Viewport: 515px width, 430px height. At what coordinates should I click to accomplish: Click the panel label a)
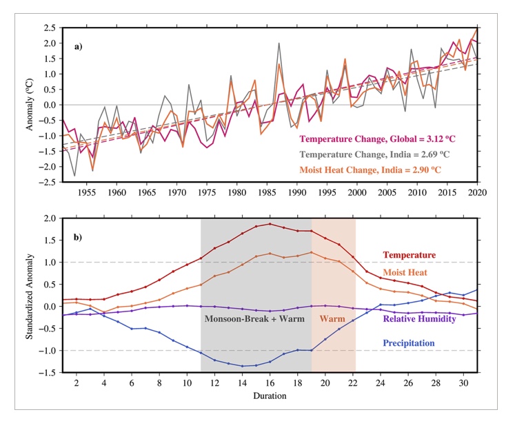(79, 47)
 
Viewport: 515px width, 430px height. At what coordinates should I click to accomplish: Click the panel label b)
(79, 238)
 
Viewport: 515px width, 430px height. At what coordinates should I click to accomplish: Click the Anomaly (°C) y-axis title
(30, 105)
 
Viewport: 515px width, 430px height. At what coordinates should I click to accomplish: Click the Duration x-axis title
(270, 396)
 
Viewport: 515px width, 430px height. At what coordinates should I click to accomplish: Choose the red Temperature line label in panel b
(410, 255)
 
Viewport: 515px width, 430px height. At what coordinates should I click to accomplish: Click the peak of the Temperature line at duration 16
(270, 224)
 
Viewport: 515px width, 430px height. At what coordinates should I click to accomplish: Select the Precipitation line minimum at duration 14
(243, 366)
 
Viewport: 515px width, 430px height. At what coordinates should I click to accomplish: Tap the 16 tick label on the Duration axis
(270, 382)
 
